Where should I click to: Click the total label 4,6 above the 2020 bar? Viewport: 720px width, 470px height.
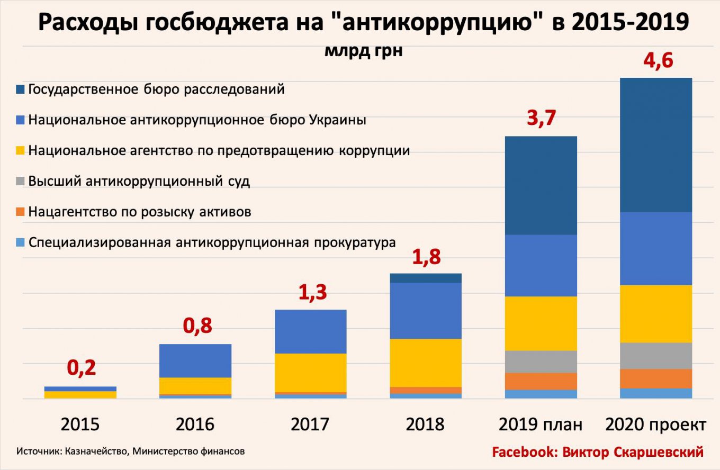coord(658,61)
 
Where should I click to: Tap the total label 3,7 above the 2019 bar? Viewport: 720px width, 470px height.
coord(541,118)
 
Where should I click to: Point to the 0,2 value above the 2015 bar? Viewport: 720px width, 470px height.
coord(81,367)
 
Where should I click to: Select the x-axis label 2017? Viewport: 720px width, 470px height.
coord(310,424)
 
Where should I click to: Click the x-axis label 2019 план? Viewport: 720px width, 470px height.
coord(540,424)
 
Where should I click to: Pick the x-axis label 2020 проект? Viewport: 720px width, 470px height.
coord(655,424)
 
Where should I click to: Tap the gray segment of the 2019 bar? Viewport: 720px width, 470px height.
coord(541,361)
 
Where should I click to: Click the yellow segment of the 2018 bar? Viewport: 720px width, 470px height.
coord(426,363)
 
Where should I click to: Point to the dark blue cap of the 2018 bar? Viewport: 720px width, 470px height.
coord(426,278)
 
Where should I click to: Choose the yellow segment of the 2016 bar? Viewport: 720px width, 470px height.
coord(195,385)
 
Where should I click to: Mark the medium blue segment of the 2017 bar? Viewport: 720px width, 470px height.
coord(311,331)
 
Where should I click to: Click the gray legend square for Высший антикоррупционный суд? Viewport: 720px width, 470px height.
coord(20,182)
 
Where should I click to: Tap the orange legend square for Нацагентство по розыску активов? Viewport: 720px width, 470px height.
coord(20,212)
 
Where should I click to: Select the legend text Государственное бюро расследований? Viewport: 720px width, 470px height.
coord(157,89)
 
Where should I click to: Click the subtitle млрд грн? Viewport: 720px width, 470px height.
coord(363,51)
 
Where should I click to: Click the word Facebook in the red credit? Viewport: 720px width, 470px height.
coord(523,452)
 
